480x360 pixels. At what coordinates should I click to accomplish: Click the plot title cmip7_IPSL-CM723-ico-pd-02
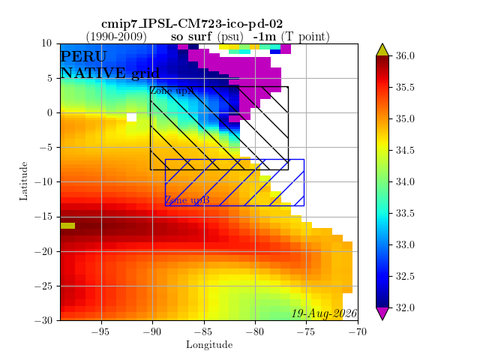[192, 24]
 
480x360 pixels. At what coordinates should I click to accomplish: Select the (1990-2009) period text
[116, 37]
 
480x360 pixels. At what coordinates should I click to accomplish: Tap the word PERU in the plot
[83, 57]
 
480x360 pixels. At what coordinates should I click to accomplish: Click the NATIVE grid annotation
[110, 73]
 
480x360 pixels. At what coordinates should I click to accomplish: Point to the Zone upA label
[172, 91]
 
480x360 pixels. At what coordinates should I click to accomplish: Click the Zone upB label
[187, 200]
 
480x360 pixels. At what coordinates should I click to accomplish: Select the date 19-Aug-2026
[324, 313]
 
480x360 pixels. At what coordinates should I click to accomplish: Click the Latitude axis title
[23, 181]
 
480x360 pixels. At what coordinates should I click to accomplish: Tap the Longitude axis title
[209, 345]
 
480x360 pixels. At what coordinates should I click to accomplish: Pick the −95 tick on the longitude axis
[100, 331]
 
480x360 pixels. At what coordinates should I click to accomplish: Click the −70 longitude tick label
[358, 331]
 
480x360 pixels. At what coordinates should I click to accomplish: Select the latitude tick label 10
[46, 43]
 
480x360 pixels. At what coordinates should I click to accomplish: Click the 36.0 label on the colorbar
[405, 55]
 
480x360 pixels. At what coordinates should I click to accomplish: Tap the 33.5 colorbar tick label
[405, 213]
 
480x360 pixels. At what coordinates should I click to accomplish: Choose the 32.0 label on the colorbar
[405, 307]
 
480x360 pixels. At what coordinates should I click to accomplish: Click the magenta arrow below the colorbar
[382, 313]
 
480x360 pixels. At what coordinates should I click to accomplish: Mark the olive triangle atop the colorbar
[382, 50]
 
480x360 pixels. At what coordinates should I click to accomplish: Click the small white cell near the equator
[132, 117]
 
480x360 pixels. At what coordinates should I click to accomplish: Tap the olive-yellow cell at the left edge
[67, 226]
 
